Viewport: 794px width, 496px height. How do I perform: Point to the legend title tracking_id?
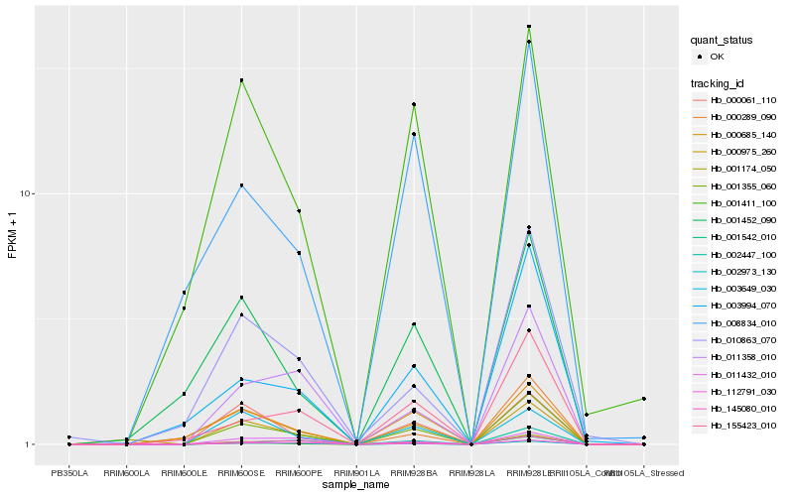point(720,82)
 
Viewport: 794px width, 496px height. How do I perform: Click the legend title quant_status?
point(722,40)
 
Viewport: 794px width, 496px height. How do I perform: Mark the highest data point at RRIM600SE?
point(241,80)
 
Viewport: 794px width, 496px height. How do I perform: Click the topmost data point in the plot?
point(529,27)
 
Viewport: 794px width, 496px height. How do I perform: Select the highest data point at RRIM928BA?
point(414,104)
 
